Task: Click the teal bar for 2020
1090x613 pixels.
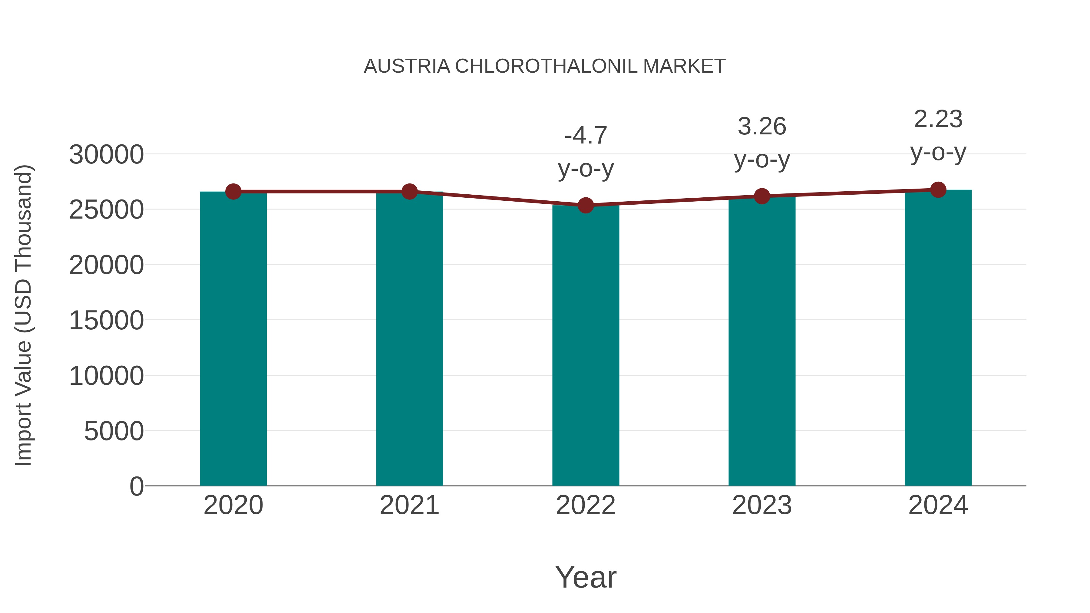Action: pyautogui.click(x=233, y=338)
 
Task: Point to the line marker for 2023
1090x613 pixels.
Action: pyautogui.click(x=762, y=196)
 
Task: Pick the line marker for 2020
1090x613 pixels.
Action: pyautogui.click(x=233, y=192)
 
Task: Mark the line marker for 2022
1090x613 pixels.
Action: pyautogui.click(x=586, y=206)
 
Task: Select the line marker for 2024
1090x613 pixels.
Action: pyautogui.click(x=938, y=190)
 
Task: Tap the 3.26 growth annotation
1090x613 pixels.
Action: pyautogui.click(x=762, y=143)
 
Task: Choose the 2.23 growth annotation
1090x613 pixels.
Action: pyautogui.click(x=938, y=135)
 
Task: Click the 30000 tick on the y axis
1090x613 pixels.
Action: pyautogui.click(x=106, y=154)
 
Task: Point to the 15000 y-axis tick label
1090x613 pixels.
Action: pyautogui.click(x=106, y=320)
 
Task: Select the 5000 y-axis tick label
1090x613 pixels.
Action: pyautogui.click(x=114, y=431)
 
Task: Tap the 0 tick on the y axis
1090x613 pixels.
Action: pyautogui.click(x=137, y=486)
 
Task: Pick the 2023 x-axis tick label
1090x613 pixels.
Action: pyautogui.click(x=762, y=505)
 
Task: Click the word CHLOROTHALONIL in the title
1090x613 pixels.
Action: pyautogui.click(x=546, y=66)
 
